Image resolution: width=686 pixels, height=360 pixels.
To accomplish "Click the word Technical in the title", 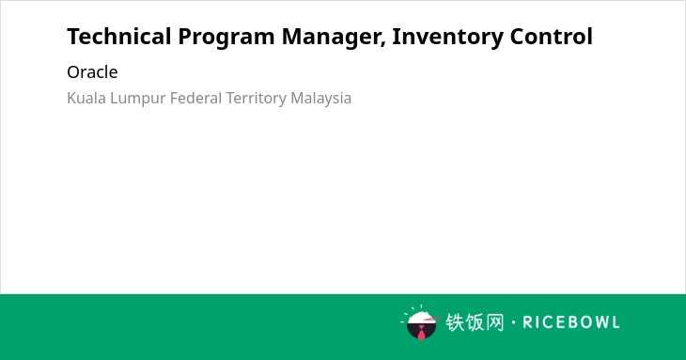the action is tap(119, 37).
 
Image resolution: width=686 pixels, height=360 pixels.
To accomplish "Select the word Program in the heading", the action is tap(226, 38).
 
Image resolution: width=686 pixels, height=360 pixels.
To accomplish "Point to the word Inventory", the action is tap(447, 38).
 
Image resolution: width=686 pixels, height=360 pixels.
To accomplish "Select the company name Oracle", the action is tap(92, 72).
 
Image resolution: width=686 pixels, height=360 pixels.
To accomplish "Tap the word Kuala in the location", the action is tap(86, 98).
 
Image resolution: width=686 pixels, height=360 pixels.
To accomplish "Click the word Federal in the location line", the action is tap(196, 98).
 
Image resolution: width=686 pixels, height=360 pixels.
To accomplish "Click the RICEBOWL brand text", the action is tap(571, 322).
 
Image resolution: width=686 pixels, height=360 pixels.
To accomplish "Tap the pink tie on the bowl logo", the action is tap(421, 334).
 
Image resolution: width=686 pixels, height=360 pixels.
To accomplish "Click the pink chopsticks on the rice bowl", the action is tap(432, 320).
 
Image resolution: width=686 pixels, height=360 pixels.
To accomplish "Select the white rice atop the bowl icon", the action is tap(421, 318).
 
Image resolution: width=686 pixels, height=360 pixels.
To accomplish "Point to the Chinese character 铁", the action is tap(455, 322).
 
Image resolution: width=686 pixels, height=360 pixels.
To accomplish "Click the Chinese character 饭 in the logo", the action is tap(475, 322).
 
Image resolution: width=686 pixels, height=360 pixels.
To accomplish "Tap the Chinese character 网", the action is tap(495, 322).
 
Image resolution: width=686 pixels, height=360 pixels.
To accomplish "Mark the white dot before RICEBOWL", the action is tap(514, 322).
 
